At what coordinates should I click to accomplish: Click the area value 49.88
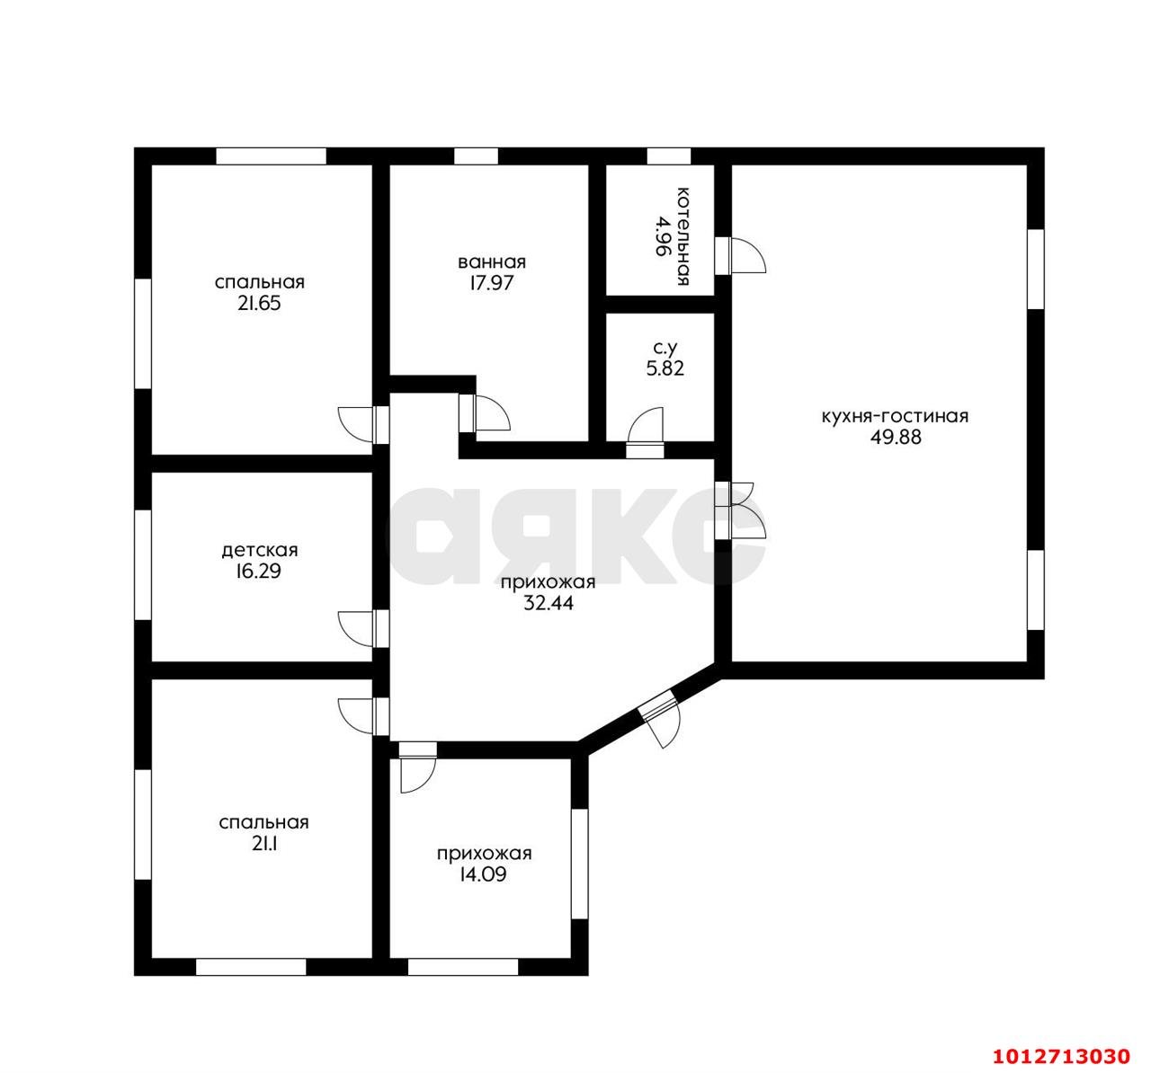895,438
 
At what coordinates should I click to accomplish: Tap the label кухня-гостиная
895,416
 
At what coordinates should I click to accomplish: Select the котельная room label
683,236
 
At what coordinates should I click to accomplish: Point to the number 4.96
660,236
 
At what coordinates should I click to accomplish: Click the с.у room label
665,348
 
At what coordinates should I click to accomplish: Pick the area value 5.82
665,368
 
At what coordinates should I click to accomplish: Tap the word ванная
492,262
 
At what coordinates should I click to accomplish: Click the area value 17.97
492,283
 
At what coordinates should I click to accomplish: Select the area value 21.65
259,304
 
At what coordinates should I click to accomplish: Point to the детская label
260,550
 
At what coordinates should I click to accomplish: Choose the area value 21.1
263,845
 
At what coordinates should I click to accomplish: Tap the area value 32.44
549,604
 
